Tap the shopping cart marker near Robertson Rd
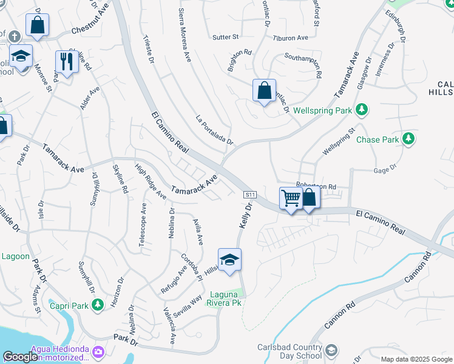(291, 199)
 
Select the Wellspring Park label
(322, 111)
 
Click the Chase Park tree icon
(409, 139)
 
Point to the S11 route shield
(251, 195)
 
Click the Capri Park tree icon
(98, 307)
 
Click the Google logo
(21, 357)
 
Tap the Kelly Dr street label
(245, 216)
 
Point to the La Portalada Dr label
(214, 130)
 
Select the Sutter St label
(226, 37)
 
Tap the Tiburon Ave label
(291, 38)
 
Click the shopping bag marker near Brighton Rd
(264, 91)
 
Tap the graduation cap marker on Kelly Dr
(229, 260)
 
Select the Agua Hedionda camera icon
(98, 351)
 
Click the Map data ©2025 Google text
(415, 359)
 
